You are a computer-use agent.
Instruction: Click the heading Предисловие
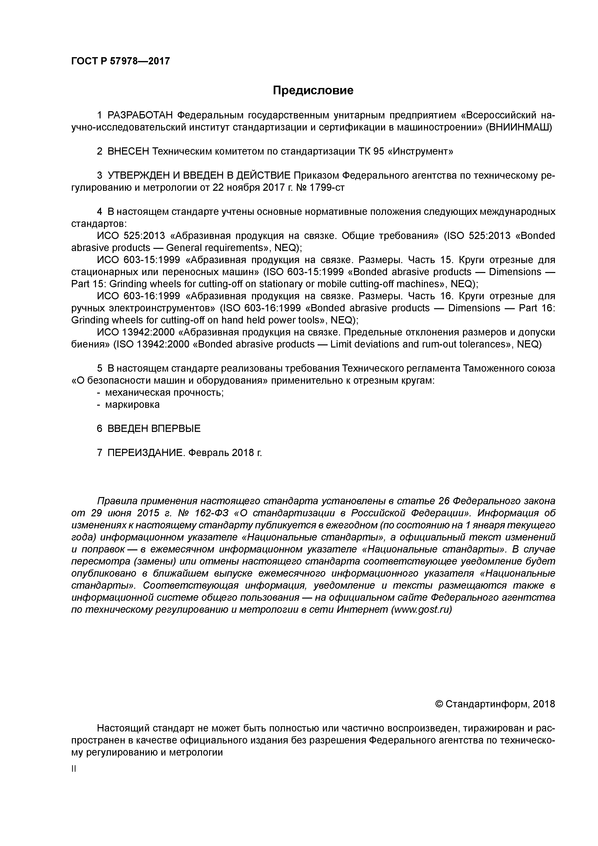[x=313, y=90]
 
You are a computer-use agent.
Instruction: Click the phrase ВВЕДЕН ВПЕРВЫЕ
[x=154, y=429]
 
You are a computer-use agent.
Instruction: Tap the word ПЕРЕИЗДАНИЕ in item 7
[x=145, y=452]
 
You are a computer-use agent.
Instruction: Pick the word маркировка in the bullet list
[x=132, y=405]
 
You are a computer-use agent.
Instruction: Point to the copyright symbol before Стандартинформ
[x=439, y=704]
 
